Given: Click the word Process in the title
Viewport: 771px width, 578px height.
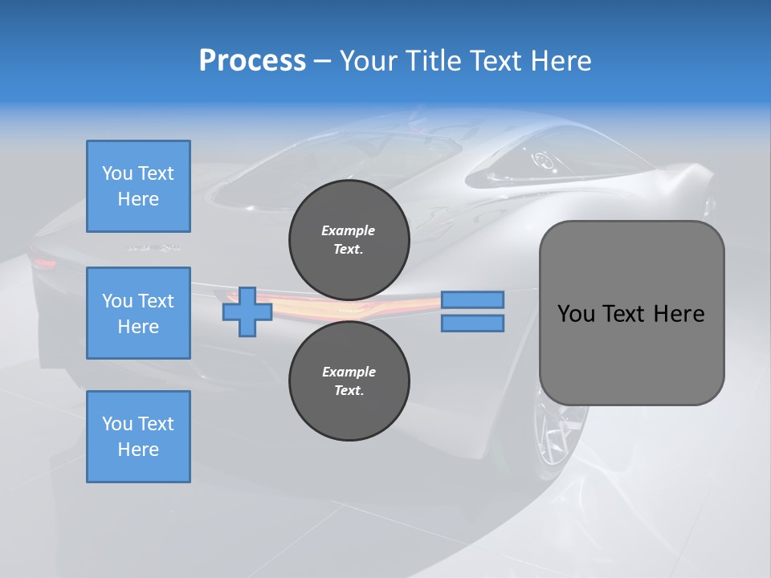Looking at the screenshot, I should (252, 61).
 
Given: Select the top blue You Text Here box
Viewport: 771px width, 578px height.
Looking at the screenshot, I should (138, 186).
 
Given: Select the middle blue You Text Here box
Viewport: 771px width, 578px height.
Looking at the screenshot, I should (138, 313).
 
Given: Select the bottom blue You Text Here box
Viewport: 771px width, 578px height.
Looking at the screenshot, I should (138, 437).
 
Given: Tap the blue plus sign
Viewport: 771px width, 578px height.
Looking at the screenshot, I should (247, 311).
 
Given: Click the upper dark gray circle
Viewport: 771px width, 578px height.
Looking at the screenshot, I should (349, 240).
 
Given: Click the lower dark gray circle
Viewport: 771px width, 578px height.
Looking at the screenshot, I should (349, 381).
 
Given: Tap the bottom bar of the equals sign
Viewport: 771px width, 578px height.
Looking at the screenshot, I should (472, 324).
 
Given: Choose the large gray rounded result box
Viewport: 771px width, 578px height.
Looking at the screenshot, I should (631, 313).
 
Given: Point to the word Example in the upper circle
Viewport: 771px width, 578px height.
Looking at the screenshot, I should (349, 230).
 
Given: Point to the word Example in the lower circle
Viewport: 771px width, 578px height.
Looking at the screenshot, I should (349, 372).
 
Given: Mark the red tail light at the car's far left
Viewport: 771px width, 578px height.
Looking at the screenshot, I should (45, 262).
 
